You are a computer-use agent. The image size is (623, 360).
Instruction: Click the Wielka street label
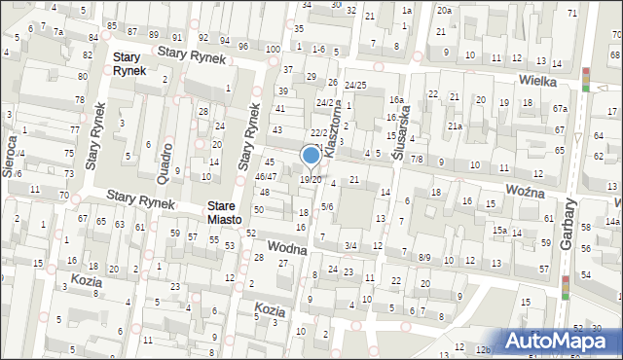click(537, 81)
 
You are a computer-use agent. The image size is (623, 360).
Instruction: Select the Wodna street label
click(289, 249)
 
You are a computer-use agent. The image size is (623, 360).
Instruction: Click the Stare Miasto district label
click(230, 213)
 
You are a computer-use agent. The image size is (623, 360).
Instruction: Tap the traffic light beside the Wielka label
click(585, 80)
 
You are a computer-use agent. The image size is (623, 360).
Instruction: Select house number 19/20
click(311, 179)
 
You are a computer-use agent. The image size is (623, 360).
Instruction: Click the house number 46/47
click(266, 176)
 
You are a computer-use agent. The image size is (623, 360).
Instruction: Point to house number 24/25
click(354, 86)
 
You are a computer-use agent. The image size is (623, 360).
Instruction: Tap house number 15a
click(498, 230)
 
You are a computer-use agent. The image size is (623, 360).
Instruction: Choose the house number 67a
click(559, 108)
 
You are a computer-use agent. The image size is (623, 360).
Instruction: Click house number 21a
click(455, 126)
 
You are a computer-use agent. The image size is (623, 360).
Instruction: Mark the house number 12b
click(483, 348)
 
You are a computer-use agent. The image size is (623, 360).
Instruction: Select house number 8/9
click(424, 258)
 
